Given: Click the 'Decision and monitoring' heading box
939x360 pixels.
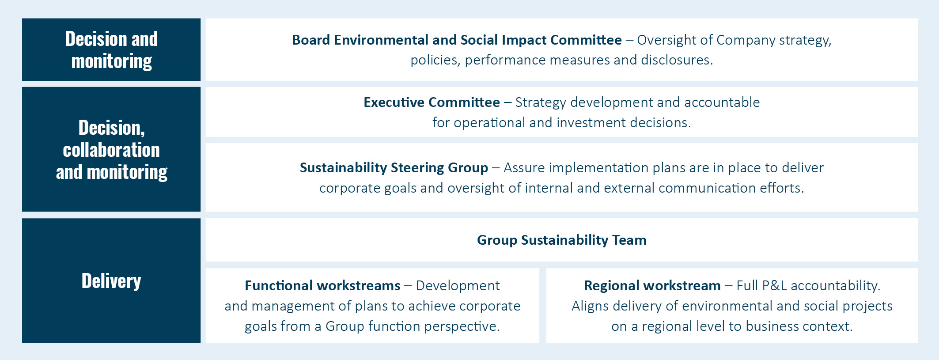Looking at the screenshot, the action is coord(111,49).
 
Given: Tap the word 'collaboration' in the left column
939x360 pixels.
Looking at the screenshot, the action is coord(111,150).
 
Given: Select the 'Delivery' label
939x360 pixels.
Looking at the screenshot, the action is coord(111,281).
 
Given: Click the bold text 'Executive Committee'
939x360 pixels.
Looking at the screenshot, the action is coord(432,102).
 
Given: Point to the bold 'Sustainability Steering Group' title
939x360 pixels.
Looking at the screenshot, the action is coord(394,168).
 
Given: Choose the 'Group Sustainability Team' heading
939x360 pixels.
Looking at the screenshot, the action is coord(562,240).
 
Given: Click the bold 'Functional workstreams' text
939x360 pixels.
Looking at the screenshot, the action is coord(322,285).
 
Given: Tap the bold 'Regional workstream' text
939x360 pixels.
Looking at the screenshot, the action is coord(652,285).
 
